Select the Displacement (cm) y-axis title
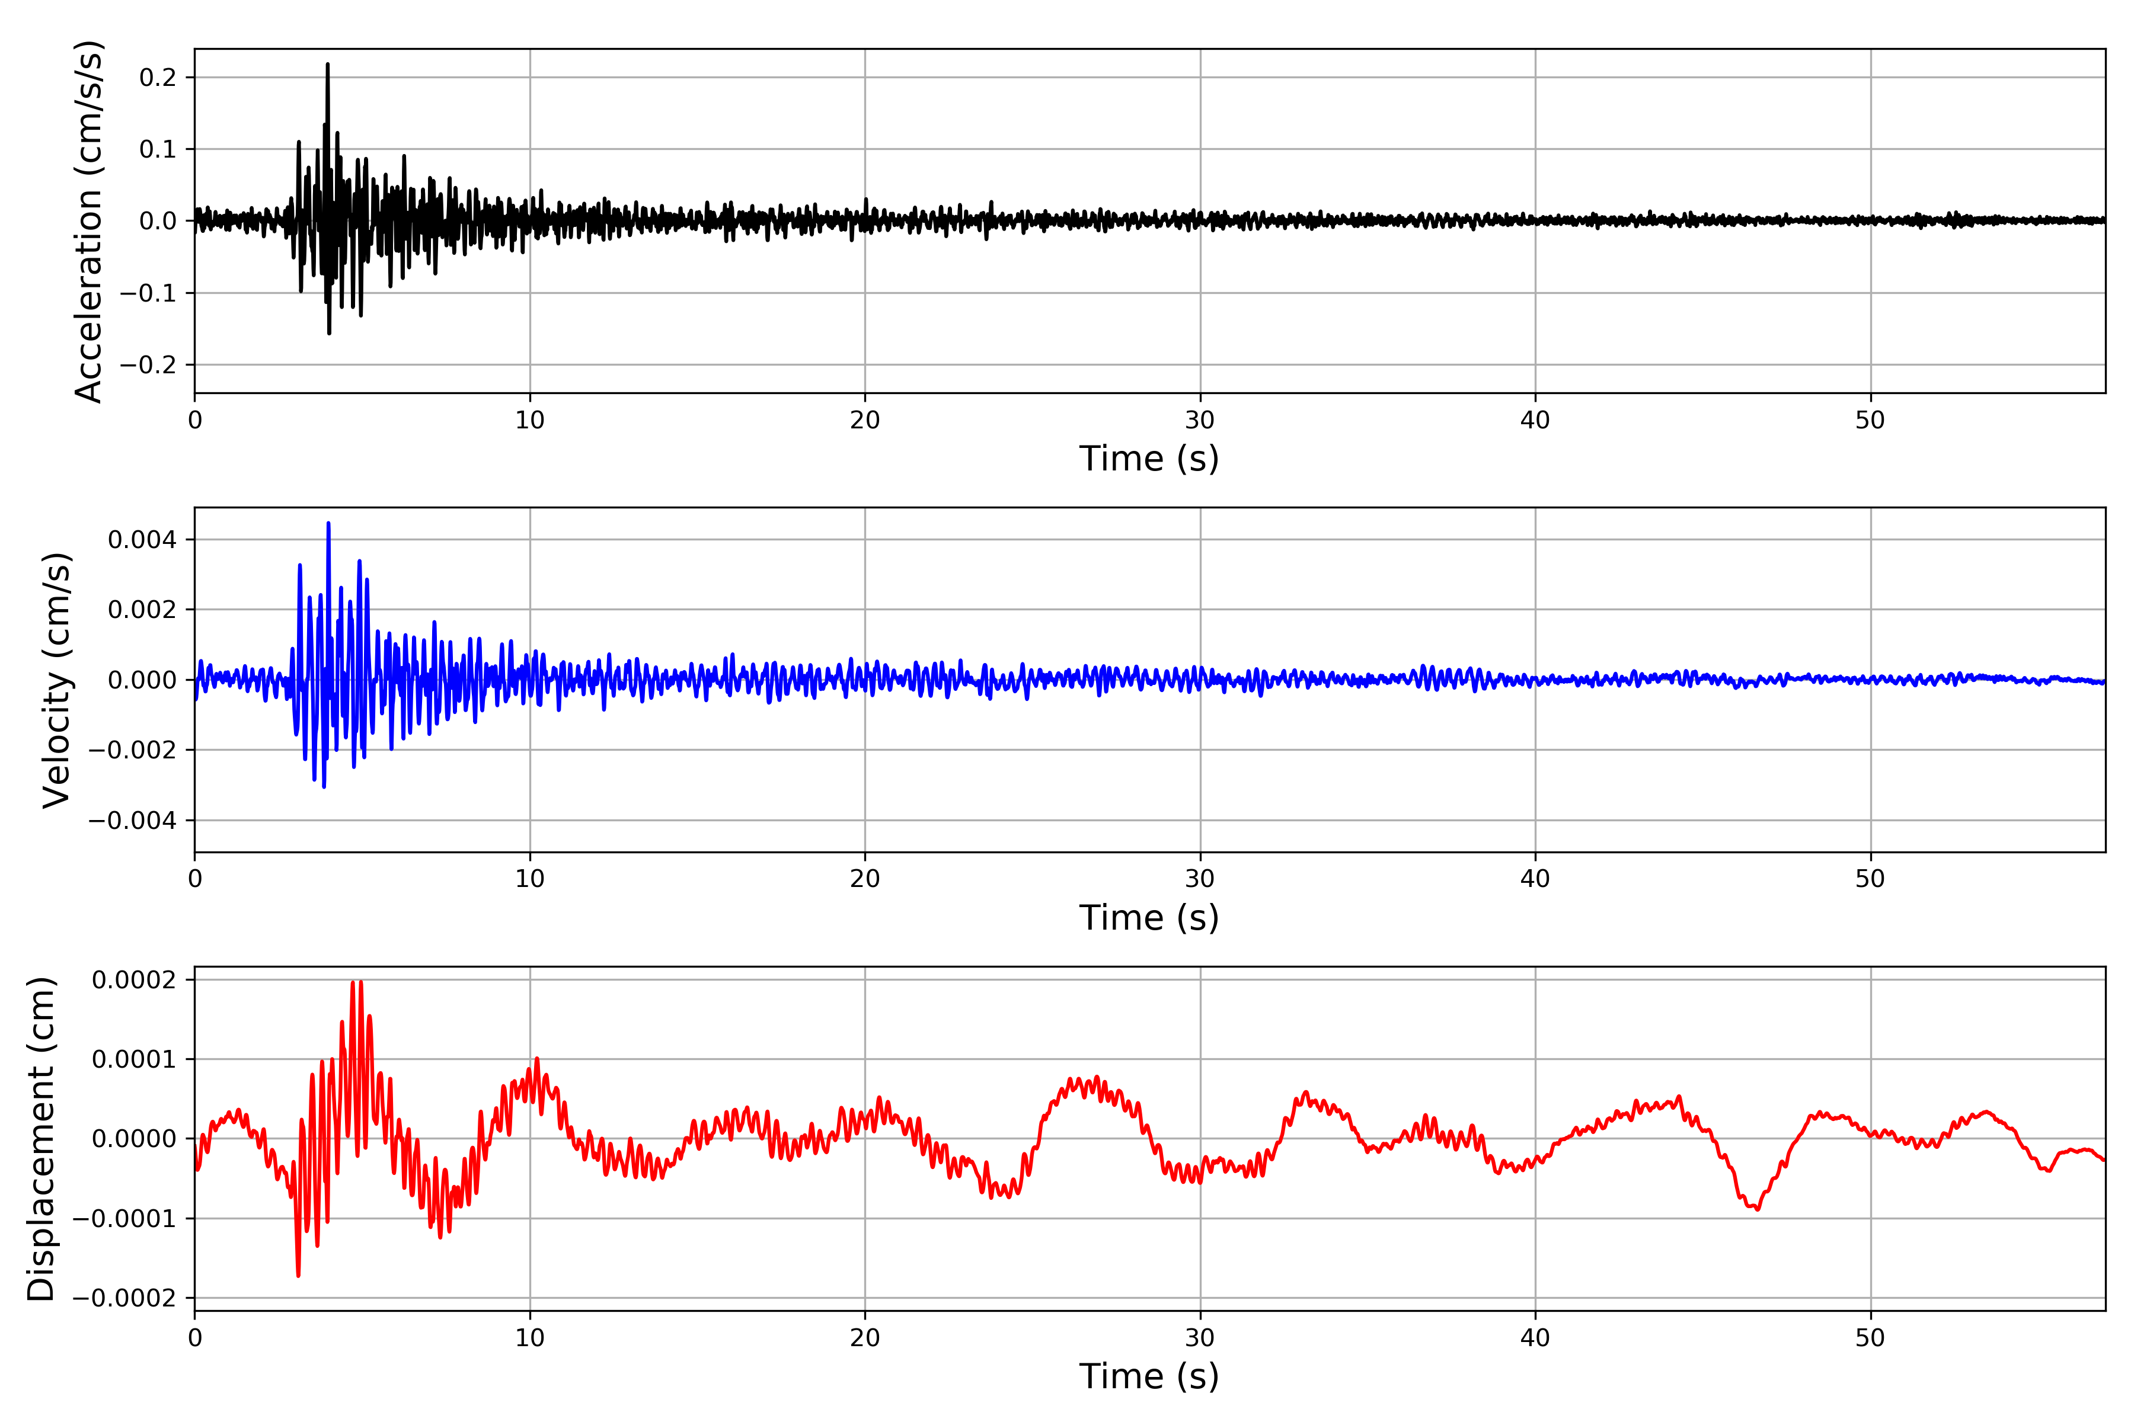click(41, 1139)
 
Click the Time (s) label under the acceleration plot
click(1149, 459)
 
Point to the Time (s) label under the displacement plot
click(1149, 1376)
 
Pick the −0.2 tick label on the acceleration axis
click(148, 364)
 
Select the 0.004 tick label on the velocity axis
click(142, 540)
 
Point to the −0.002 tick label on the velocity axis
click(132, 750)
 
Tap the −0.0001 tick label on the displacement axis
click(124, 1218)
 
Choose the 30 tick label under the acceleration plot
click(1199, 421)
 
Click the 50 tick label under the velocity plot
click(1870, 879)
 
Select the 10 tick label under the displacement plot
click(530, 1338)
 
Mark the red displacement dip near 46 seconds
click(1758, 1208)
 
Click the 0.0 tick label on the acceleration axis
click(158, 221)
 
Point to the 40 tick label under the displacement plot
click(1535, 1338)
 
